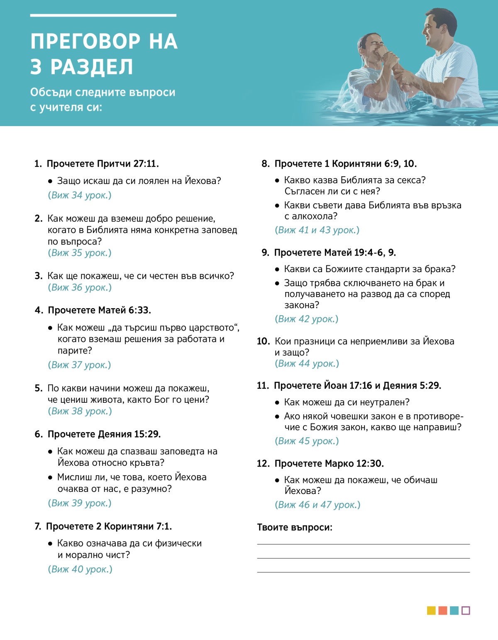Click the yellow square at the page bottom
click(x=431, y=611)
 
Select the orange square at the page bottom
click(x=443, y=611)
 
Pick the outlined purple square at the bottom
click(x=466, y=611)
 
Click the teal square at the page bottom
click(x=454, y=611)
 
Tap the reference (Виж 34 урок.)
click(x=80, y=195)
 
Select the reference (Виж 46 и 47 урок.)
click(x=317, y=505)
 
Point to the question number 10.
click(x=263, y=341)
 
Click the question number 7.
click(x=38, y=526)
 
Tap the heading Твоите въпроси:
click(x=295, y=528)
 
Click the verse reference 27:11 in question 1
click(x=145, y=164)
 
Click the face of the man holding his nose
click(x=374, y=47)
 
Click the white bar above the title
click(x=103, y=15)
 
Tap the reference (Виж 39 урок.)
click(x=80, y=503)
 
